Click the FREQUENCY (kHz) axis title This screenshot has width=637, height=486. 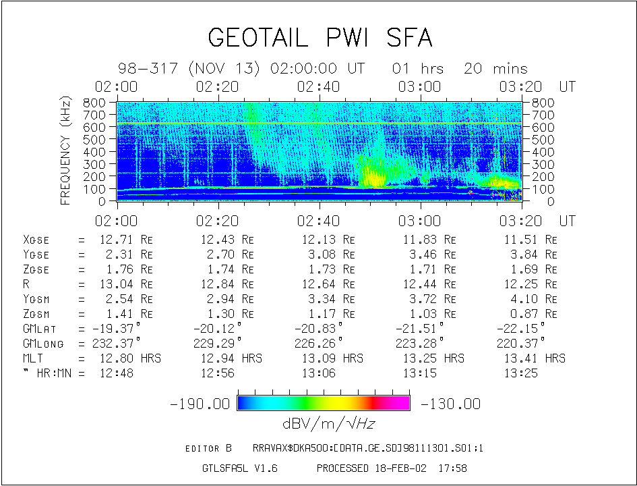[66, 151]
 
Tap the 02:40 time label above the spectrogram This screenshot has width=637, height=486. [317, 87]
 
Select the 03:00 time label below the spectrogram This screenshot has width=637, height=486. [419, 221]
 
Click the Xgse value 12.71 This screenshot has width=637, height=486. [115, 240]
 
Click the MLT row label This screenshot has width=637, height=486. [33, 358]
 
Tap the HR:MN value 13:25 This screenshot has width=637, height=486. [521, 373]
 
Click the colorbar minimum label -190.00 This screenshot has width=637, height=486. [200, 404]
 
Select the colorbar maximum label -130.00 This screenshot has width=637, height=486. [450, 404]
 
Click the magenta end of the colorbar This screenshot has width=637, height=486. [402, 403]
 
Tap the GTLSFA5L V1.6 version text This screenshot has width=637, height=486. [240, 468]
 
